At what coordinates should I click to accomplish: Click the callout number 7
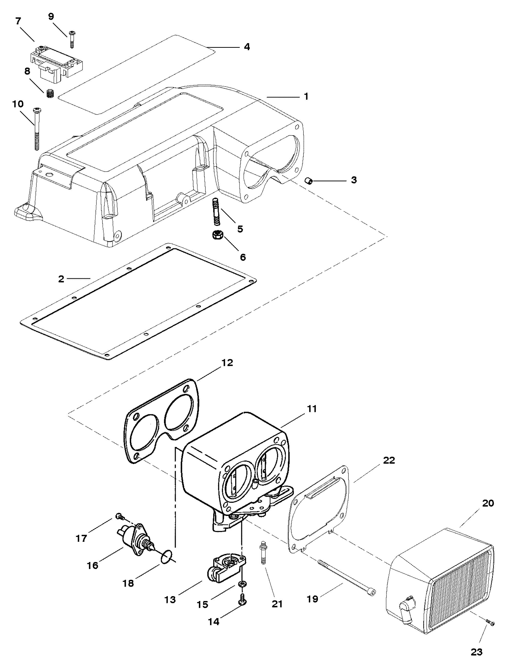tap(18, 21)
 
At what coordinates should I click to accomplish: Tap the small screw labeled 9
tap(72, 39)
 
